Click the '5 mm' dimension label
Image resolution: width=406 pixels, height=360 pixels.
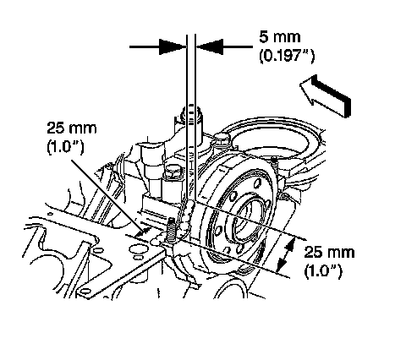tap(280, 37)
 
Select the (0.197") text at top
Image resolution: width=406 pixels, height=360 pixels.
tap(287, 56)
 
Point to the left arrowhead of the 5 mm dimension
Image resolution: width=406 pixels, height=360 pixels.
tap(172, 46)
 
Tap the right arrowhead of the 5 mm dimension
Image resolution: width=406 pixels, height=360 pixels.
tap(210, 46)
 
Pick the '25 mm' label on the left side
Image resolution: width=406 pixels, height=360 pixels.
tap(72, 128)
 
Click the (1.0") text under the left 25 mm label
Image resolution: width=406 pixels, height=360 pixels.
tap(65, 147)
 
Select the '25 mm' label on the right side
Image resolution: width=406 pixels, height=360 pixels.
tap(329, 252)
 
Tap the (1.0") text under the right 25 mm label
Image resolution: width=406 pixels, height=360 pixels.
tap(323, 271)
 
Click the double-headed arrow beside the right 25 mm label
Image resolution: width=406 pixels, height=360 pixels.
tap(286, 255)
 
